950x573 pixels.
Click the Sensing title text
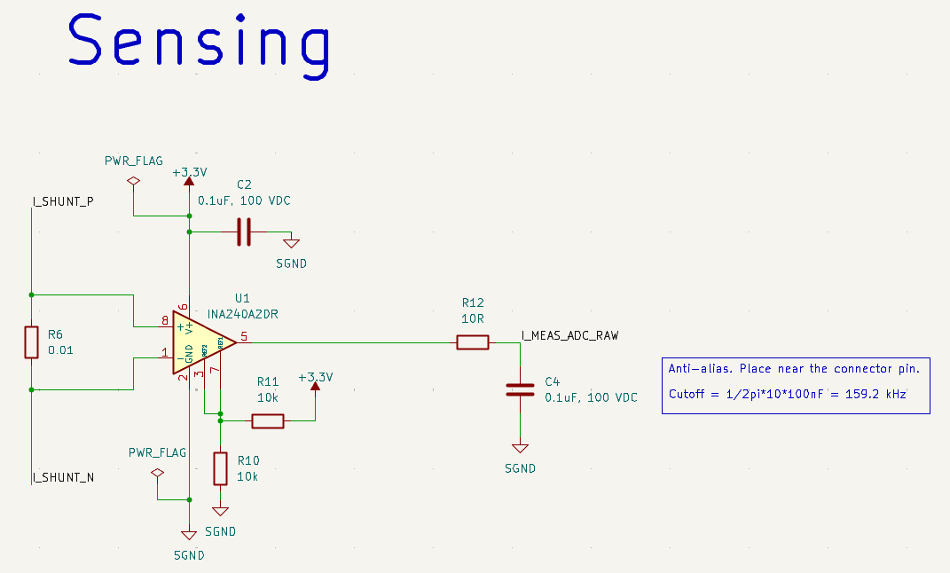tap(200, 44)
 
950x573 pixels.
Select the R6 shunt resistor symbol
tap(31, 342)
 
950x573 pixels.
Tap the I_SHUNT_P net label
tap(63, 202)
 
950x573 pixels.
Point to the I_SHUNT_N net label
tap(63, 478)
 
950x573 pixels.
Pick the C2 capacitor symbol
tap(244, 232)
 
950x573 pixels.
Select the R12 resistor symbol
tap(472, 342)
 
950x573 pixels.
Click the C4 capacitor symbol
tap(520, 389)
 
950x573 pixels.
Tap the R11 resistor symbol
tap(268, 421)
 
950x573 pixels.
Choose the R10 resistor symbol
tap(221, 467)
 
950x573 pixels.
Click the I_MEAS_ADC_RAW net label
tap(569, 336)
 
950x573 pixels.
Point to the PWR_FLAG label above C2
tap(134, 161)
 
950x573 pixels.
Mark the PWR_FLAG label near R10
tap(157, 452)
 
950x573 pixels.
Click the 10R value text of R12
tap(472, 318)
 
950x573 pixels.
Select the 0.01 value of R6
tap(60, 350)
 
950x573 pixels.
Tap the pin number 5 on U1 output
tap(244, 336)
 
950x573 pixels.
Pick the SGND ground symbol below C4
tap(520, 450)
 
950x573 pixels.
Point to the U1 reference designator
tap(242, 298)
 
